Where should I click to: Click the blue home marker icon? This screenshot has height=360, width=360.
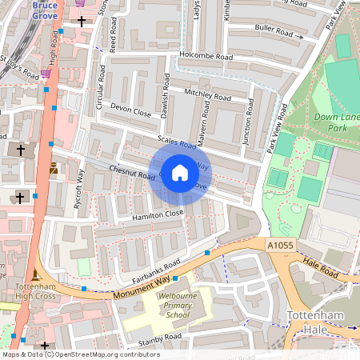180,173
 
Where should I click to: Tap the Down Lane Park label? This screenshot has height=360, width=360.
335,122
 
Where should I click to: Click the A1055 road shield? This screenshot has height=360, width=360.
279,246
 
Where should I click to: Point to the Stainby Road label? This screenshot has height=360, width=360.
160,339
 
